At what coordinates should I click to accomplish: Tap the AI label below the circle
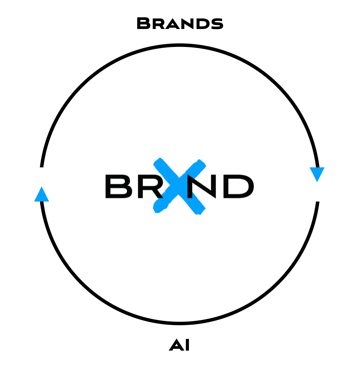(179, 345)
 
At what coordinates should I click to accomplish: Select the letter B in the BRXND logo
(119, 186)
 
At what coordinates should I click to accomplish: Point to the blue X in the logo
(179, 186)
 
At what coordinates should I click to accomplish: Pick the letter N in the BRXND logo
(202, 186)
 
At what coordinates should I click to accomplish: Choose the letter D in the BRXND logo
(238, 186)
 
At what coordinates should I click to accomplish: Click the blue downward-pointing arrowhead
(317, 173)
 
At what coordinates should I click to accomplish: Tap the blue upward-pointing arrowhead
(42, 195)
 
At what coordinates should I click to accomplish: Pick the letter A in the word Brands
(172, 25)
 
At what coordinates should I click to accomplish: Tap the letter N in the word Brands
(188, 25)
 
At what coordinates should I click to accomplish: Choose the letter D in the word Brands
(203, 25)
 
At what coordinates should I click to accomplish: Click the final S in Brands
(217, 25)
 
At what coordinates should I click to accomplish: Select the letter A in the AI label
(176, 345)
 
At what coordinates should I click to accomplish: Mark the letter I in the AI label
(187, 345)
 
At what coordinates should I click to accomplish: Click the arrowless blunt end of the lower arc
(318, 203)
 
